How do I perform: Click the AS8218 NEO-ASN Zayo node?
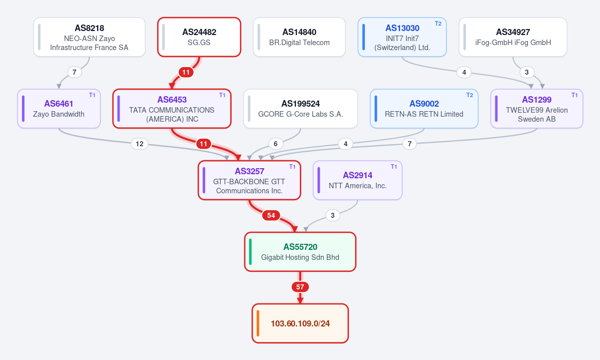89,37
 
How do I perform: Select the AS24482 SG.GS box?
199,37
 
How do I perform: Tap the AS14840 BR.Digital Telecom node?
299,37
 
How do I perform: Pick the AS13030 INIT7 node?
402,37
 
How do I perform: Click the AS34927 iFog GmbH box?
513,37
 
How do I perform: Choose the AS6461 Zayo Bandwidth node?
59,109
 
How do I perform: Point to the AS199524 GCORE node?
300,109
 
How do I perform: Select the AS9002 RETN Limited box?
424,109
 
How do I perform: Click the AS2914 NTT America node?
357,180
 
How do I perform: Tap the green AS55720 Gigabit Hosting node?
300,252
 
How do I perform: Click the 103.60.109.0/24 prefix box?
300,323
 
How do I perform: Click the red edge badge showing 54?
271,215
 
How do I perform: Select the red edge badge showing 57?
300,287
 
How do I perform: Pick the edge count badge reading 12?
140,144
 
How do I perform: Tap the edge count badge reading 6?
276,144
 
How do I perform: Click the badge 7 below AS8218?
75,72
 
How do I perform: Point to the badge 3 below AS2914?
332,215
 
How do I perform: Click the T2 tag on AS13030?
438,24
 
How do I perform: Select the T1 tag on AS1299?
574,95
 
